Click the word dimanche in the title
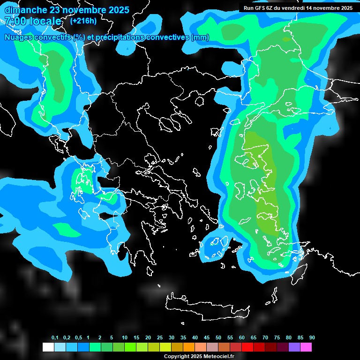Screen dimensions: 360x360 24,10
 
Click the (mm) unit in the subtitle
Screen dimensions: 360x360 200,37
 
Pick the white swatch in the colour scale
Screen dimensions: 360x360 48,347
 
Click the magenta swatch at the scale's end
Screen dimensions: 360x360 306,347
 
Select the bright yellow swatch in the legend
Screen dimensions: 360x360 165,347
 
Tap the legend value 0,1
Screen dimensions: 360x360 55,338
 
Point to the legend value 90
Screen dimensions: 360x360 312,338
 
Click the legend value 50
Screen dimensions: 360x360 218,338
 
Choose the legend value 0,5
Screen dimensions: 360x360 78,338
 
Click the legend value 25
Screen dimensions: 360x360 160,338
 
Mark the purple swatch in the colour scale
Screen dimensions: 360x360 294,347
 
